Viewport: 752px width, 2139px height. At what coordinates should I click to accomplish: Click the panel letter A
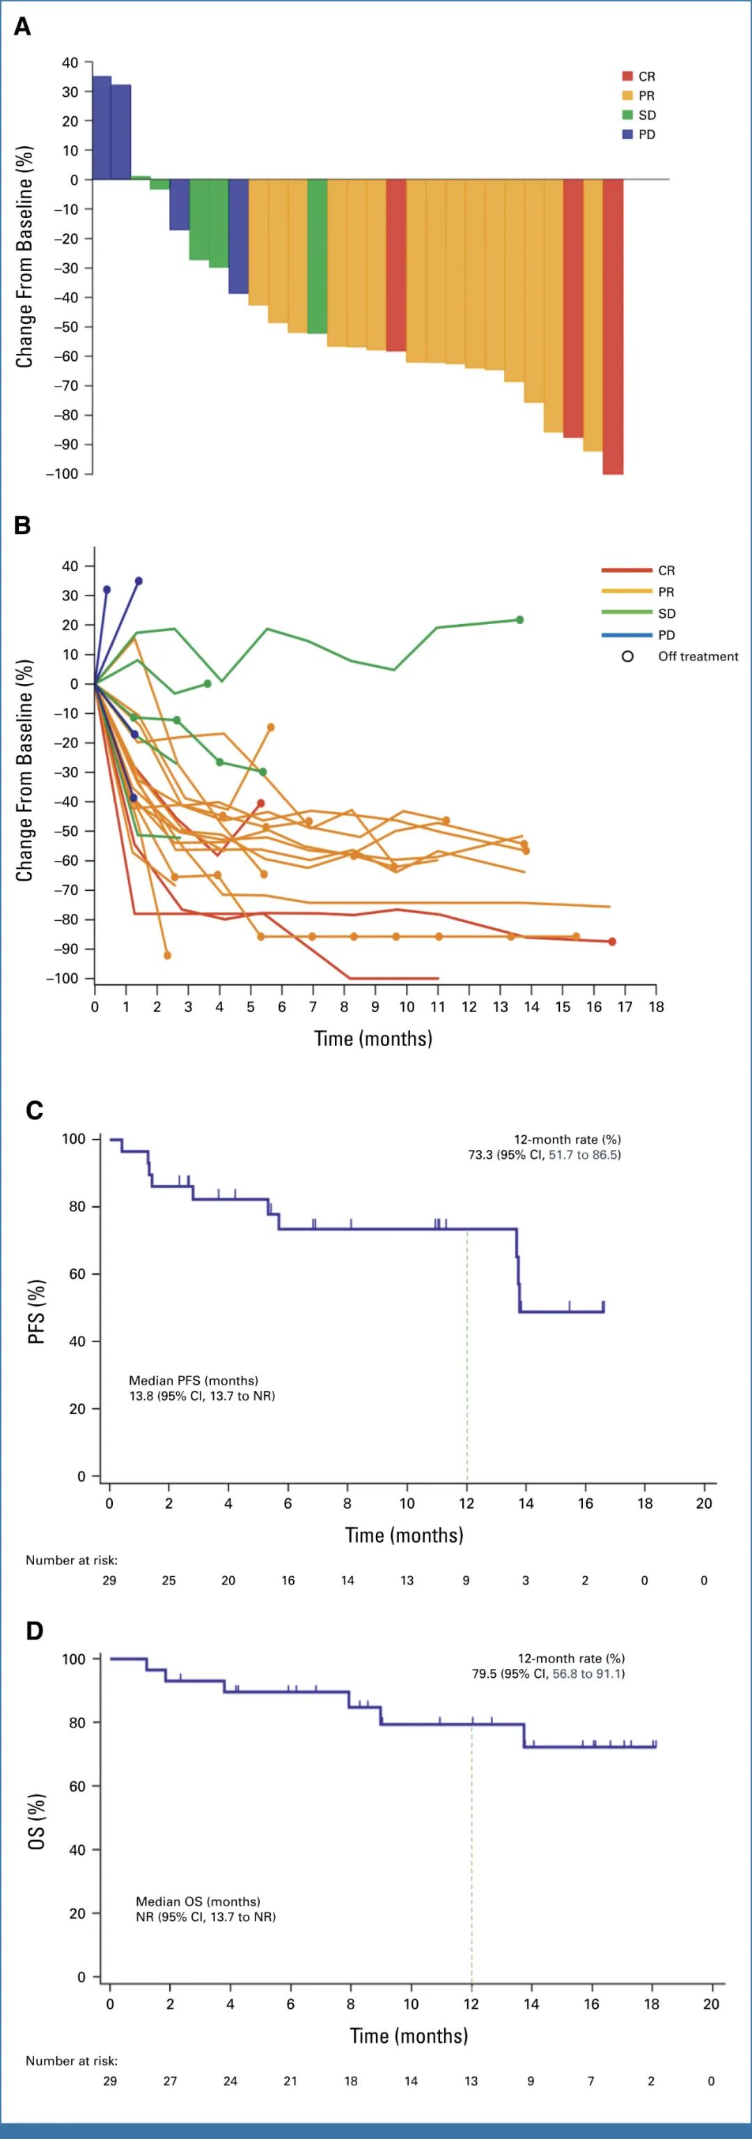tap(22, 26)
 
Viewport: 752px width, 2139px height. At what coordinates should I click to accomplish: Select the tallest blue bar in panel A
tap(101, 127)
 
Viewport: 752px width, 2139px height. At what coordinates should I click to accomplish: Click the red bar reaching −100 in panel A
tap(613, 327)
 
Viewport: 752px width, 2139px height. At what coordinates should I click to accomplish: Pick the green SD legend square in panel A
tap(627, 115)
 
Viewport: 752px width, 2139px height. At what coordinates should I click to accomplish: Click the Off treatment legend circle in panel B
tap(627, 656)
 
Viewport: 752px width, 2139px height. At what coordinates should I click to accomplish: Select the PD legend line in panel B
tap(627, 635)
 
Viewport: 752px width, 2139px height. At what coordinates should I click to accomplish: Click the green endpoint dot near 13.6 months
tap(519, 619)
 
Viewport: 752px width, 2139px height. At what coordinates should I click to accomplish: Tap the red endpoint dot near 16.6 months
tap(612, 942)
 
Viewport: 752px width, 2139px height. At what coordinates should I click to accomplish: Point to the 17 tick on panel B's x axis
tap(625, 1006)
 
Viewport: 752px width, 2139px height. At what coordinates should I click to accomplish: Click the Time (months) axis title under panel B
tap(373, 1039)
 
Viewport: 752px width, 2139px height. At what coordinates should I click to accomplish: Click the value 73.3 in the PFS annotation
tap(480, 1154)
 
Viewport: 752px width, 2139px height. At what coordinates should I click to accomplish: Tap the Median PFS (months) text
tap(194, 1380)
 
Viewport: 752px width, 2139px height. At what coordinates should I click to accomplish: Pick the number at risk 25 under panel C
tap(169, 1580)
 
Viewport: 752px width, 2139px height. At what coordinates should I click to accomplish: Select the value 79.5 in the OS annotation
tap(484, 1673)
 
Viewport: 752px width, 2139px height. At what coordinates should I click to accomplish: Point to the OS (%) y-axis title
tap(36, 1821)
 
